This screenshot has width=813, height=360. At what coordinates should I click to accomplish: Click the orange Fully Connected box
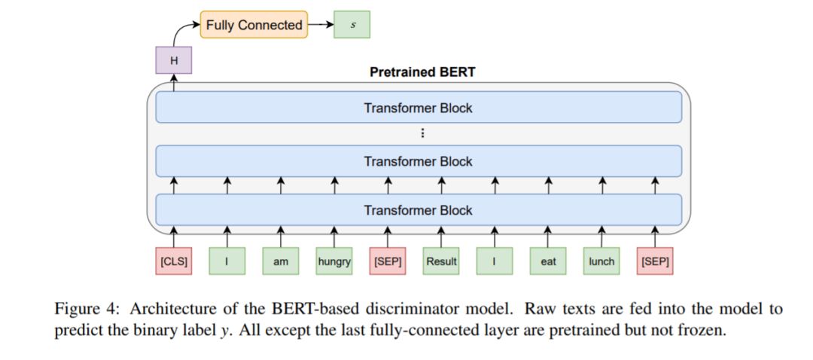(x=254, y=24)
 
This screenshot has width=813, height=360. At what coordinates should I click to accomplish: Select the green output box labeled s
(x=352, y=24)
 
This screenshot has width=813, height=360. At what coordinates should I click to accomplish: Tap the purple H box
(x=174, y=60)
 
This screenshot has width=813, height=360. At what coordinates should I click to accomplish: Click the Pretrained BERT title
(x=422, y=72)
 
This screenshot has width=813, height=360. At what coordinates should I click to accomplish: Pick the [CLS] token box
(x=174, y=261)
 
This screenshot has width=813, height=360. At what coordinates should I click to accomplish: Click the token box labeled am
(x=281, y=261)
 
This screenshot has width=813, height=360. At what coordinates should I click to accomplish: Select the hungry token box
(x=334, y=261)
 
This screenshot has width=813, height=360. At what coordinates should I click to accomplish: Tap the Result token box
(x=441, y=261)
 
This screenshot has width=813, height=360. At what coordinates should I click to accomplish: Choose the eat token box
(x=548, y=261)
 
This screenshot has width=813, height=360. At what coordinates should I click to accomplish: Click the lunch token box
(x=601, y=261)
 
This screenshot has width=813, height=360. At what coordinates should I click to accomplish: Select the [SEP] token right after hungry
(x=388, y=261)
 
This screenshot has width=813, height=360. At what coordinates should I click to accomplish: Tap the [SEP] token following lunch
(x=656, y=261)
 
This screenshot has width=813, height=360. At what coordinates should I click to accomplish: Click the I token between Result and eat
(x=495, y=261)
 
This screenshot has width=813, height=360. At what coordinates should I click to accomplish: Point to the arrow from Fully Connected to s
(x=321, y=24)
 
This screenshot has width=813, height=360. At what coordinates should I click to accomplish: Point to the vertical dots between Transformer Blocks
(x=422, y=134)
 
